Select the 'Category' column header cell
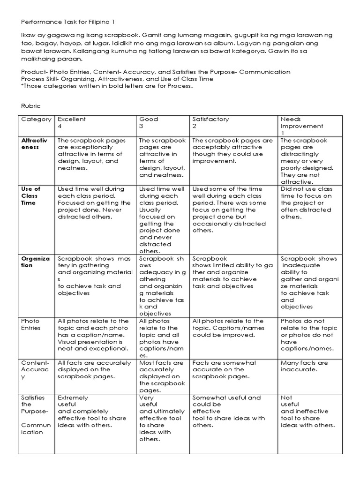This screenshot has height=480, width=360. (36, 119)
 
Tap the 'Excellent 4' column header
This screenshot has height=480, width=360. (72, 123)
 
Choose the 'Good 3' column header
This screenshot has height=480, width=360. (149, 123)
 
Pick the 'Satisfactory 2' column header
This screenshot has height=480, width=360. (210, 123)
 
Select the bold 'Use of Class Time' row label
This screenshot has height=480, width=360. (31, 196)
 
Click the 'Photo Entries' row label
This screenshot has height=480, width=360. (31, 324)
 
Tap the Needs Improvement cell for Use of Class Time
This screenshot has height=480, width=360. (307, 202)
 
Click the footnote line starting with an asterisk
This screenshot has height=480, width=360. (106, 86)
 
